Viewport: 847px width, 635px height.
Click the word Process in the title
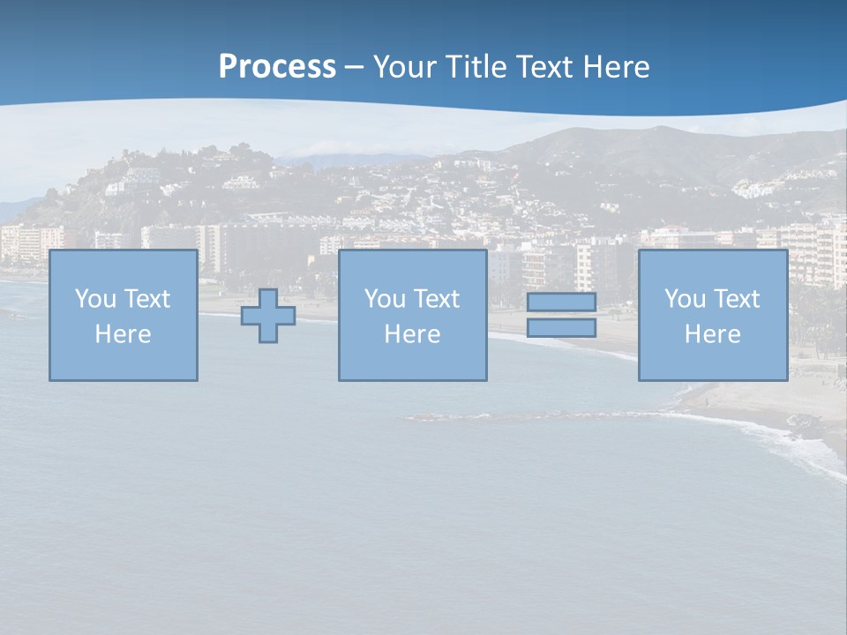coord(277,67)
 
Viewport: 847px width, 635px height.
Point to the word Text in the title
coord(547,67)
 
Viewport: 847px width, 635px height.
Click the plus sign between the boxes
coord(268,316)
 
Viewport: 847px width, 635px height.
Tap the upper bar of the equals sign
coord(561,303)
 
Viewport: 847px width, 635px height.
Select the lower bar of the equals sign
coord(561,328)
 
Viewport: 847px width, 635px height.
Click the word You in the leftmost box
coord(95,299)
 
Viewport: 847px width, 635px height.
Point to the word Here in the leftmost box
coord(124,334)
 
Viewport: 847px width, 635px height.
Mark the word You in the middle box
coord(385,299)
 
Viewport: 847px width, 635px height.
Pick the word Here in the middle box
coord(413,334)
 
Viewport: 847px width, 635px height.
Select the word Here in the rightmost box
coord(713,334)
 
